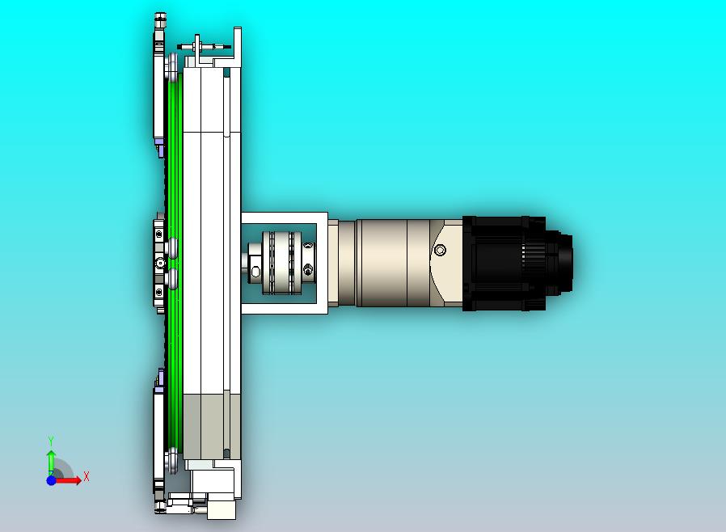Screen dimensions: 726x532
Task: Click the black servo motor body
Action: (x=504, y=263)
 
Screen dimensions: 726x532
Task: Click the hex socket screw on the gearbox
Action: (x=440, y=251)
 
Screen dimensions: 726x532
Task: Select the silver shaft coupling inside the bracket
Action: (x=281, y=262)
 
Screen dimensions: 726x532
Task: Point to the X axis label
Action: (x=87, y=476)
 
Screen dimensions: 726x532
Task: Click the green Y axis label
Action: (x=51, y=441)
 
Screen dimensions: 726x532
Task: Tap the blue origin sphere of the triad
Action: (x=52, y=480)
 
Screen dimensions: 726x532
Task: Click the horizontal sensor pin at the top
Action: (x=204, y=46)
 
